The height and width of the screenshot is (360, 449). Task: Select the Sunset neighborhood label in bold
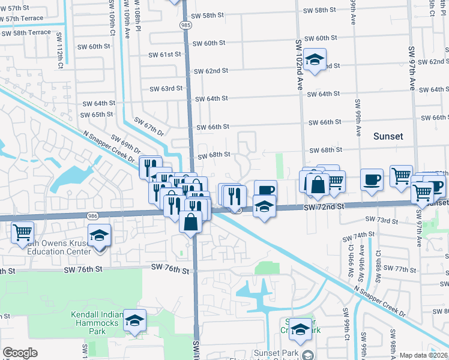pos(388,136)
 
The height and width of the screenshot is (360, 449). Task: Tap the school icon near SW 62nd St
pos(314,59)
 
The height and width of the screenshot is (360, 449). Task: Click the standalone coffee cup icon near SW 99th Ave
pos(372,179)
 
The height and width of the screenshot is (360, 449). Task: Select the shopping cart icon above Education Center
pos(22,232)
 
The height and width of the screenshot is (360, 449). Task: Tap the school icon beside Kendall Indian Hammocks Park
pos(135,320)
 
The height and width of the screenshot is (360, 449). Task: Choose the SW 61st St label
pos(165,55)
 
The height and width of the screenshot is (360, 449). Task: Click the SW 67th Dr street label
pos(149,127)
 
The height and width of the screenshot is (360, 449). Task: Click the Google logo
pos(20,353)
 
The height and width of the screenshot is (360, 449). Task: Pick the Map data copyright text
pos(424,355)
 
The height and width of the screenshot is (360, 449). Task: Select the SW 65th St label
pos(98,114)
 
